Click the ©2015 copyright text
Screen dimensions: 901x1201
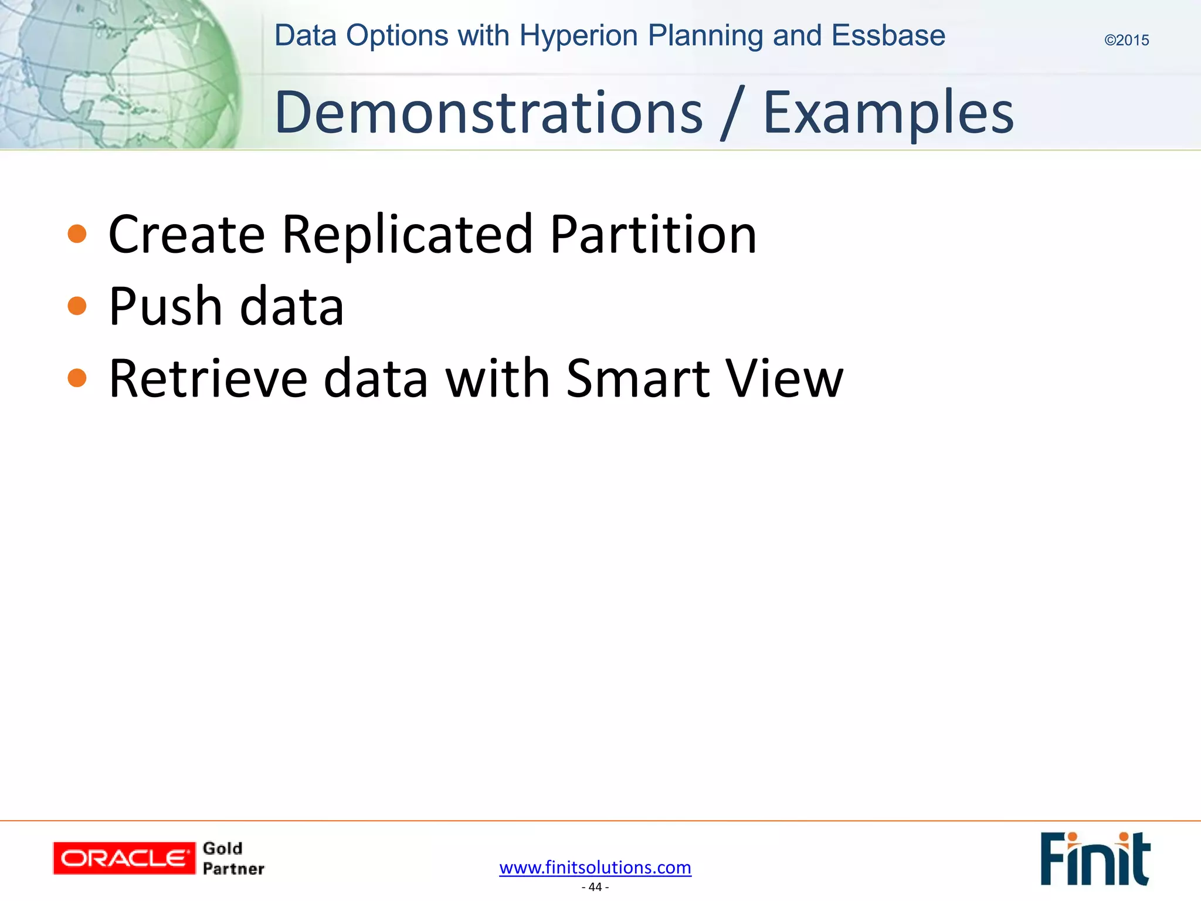point(1127,40)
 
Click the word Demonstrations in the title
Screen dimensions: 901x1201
point(488,113)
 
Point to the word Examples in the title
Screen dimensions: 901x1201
point(888,113)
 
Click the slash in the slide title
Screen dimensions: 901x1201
point(733,113)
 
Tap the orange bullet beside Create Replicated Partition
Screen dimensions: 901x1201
point(77,234)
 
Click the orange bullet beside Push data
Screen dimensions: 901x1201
point(77,306)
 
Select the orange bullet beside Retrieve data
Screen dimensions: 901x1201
point(77,378)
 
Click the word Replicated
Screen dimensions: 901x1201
point(407,234)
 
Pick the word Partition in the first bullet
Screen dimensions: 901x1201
point(653,234)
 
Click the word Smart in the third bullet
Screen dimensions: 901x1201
point(638,378)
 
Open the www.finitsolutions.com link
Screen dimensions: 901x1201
point(595,867)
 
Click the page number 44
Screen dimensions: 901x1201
point(595,887)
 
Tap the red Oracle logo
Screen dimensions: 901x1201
point(124,858)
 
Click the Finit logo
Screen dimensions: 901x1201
point(1094,858)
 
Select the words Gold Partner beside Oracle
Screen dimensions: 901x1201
point(233,858)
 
